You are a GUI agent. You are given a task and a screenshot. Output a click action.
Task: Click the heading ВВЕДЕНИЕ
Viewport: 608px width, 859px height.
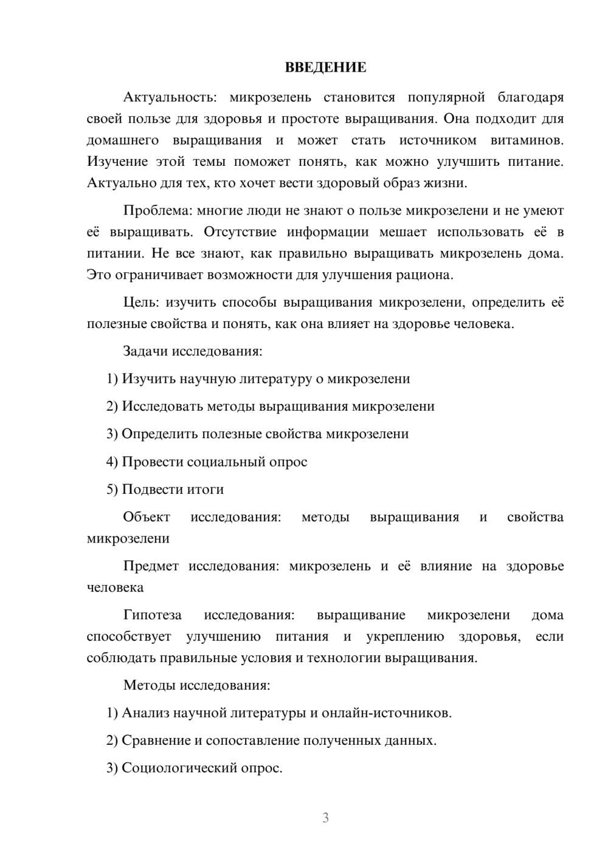click(325, 67)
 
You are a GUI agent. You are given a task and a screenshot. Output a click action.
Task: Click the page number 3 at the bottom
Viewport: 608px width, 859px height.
click(325, 818)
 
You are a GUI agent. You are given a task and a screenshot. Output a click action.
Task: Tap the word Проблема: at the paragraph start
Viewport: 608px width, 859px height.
click(157, 211)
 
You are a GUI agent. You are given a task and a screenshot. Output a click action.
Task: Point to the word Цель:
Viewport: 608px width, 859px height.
click(140, 303)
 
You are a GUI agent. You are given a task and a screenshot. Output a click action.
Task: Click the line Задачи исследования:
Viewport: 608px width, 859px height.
click(192, 351)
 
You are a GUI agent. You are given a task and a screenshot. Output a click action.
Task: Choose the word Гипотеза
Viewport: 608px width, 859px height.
click(152, 615)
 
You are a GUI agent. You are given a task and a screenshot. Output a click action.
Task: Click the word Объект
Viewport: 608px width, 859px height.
click(147, 517)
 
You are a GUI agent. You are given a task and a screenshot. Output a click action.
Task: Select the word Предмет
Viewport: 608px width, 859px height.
click(151, 566)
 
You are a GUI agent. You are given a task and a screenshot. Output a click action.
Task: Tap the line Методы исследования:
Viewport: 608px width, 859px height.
click(196, 685)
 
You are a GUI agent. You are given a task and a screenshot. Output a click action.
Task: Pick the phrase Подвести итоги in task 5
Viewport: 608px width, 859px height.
click(173, 490)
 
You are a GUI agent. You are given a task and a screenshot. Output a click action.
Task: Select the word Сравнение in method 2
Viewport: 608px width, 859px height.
click(156, 741)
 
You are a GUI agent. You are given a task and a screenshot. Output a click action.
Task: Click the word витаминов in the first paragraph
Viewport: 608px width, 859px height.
click(527, 140)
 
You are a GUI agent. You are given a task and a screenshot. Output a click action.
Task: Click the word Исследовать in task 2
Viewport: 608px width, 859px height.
click(162, 406)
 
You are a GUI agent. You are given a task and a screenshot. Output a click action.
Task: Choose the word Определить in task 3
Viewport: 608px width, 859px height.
click(159, 434)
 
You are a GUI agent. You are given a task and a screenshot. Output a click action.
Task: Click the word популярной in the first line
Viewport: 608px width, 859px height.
click(446, 97)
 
